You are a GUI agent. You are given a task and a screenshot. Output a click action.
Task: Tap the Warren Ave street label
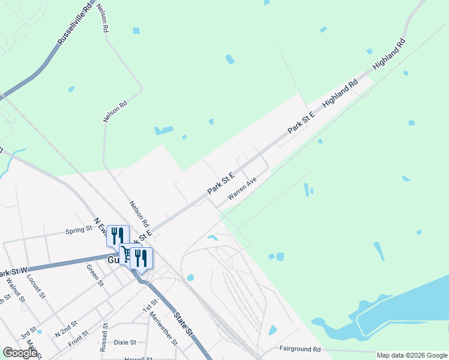click(242, 188)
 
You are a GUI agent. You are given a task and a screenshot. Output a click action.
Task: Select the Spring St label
click(79, 229)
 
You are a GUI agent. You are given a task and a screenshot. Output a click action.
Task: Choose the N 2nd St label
click(67, 327)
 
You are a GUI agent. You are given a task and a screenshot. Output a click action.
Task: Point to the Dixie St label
click(125, 343)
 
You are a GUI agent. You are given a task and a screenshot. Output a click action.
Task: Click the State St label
click(182, 323)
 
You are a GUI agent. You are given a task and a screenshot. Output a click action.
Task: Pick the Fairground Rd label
click(300, 349)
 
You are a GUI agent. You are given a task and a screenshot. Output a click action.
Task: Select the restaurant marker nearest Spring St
click(118, 235)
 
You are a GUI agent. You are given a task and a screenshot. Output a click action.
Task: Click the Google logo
click(20, 353)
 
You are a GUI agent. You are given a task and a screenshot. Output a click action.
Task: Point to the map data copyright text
click(412, 355)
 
